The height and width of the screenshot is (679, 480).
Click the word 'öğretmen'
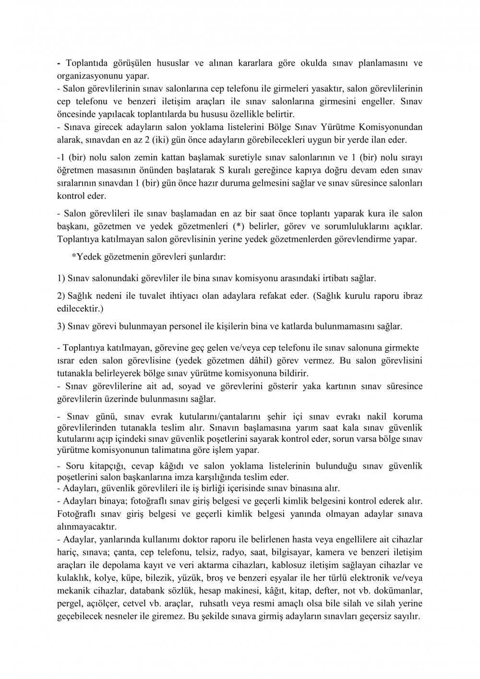[73, 171]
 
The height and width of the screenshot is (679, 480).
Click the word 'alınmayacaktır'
[83, 526]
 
